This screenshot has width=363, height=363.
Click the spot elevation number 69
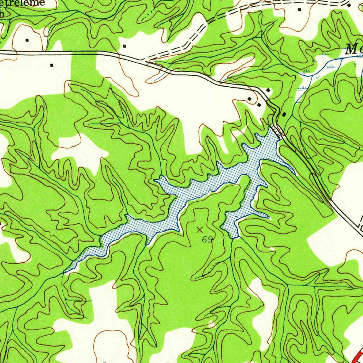click(x=207, y=240)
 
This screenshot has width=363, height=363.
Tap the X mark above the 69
click(x=200, y=230)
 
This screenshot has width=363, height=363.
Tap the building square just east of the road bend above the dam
click(x=285, y=114)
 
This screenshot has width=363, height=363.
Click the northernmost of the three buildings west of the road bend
click(x=268, y=90)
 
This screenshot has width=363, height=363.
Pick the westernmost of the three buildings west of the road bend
click(x=250, y=99)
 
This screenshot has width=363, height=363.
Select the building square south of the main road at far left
click(x=52, y=65)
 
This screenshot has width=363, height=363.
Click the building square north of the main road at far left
click(x=27, y=40)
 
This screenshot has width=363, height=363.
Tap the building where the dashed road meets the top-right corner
click(x=349, y=6)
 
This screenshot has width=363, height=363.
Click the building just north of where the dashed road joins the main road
click(x=124, y=46)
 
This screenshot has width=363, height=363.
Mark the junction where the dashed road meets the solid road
click(x=146, y=61)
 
